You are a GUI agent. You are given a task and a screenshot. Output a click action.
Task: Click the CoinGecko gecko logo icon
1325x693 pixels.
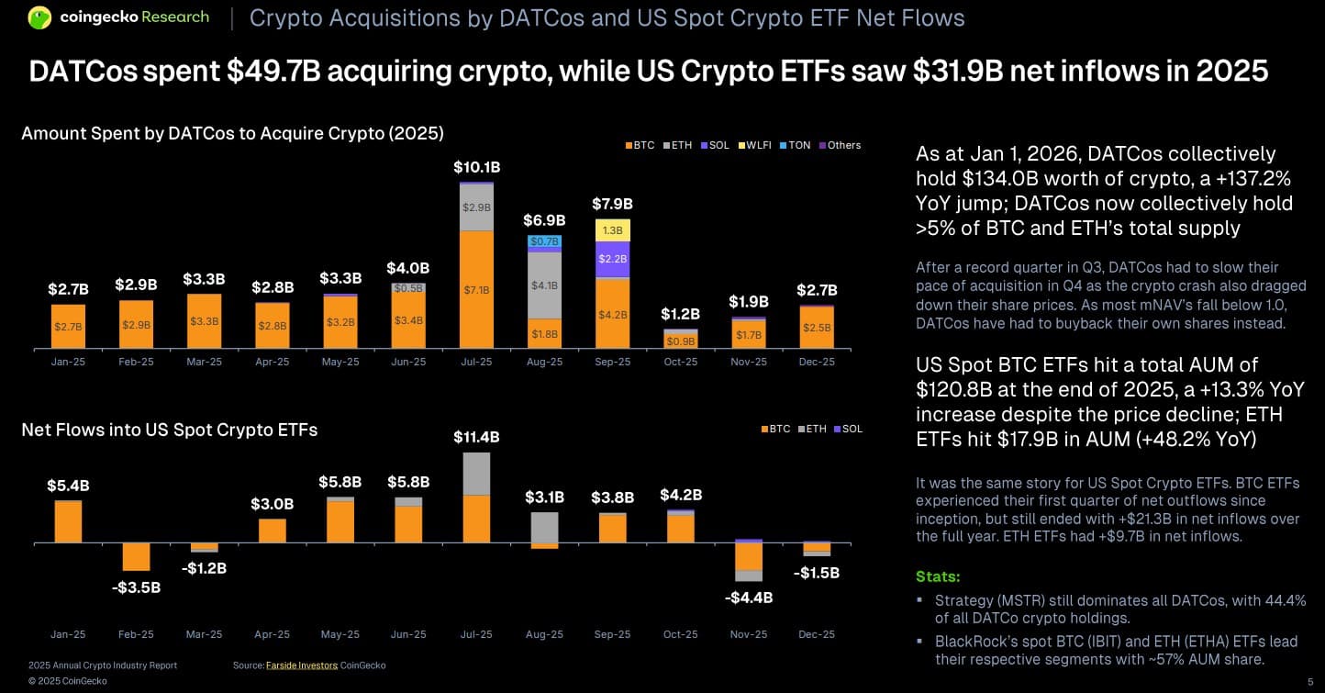[x=39, y=17]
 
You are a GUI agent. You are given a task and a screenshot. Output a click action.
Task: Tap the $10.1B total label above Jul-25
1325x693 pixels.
[x=476, y=168]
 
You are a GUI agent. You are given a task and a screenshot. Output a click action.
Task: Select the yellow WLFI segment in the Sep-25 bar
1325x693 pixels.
[x=612, y=229]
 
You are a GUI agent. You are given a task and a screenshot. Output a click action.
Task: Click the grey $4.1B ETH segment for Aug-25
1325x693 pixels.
[x=544, y=285]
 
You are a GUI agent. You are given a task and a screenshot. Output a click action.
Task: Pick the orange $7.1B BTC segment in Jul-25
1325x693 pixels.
[x=476, y=289]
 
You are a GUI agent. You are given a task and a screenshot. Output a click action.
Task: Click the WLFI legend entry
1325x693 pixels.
[x=756, y=145]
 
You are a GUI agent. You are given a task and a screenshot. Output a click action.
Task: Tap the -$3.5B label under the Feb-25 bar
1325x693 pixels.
[x=137, y=587]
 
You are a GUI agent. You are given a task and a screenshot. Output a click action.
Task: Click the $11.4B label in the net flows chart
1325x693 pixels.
[x=476, y=437]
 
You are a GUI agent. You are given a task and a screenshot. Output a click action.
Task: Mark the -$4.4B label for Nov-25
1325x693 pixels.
[x=749, y=598]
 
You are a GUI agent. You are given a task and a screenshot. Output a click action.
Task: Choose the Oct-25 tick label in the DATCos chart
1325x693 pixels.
[x=680, y=362]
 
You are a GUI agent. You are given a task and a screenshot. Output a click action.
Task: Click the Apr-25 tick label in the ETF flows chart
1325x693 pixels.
[x=273, y=634]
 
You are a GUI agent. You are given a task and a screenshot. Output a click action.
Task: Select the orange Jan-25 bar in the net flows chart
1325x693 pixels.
[x=69, y=521]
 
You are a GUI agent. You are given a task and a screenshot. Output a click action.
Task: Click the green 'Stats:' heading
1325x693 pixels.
[x=938, y=576]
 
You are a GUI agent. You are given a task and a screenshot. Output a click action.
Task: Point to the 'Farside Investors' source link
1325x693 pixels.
[x=301, y=665]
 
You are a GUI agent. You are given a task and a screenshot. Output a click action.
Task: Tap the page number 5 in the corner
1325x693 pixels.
[x=1309, y=680]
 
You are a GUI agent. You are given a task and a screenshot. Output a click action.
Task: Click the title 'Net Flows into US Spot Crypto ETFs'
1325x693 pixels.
[x=169, y=430]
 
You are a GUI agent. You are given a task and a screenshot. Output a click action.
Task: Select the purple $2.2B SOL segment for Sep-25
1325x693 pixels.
[x=612, y=259]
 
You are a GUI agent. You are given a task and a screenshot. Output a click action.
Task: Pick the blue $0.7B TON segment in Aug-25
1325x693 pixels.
[x=544, y=241]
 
